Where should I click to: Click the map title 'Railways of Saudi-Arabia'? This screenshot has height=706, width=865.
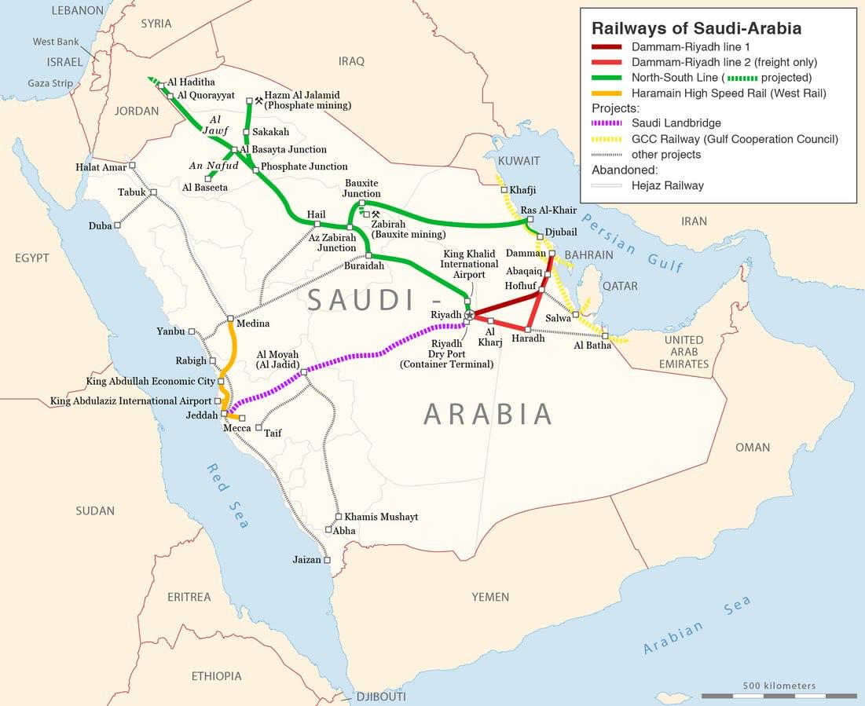(x=696, y=28)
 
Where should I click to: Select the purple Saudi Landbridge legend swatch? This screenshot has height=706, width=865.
(x=607, y=123)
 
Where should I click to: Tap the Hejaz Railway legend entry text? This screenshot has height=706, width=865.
(x=668, y=186)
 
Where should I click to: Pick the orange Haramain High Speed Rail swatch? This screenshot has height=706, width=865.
(x=607, y=93)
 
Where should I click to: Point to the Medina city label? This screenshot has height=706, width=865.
(x=252, y=324)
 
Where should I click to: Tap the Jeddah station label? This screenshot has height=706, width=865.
(x=202, y=415)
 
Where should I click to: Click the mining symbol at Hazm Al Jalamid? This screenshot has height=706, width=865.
(x=258, y=101)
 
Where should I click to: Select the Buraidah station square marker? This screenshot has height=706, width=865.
(x=368, y=255)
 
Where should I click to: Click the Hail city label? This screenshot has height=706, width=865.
(x=316, y=214)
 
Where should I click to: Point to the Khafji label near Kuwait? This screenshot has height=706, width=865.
(x=522, y=190)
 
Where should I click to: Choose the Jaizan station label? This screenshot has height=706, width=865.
(x=306, y=560)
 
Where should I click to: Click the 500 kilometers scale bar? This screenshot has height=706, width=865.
(x=779, y=696)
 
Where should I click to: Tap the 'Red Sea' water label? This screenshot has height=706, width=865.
(x=228, y=496)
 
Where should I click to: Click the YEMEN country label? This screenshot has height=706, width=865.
(x=490, y=598)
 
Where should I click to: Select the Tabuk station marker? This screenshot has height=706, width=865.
(x=153, y=192)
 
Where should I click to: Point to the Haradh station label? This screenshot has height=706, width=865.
(x=527, y=338)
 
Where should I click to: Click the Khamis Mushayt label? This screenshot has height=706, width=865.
(x=381, y=517)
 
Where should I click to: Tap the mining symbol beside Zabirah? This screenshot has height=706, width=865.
(x=375, y=214)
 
